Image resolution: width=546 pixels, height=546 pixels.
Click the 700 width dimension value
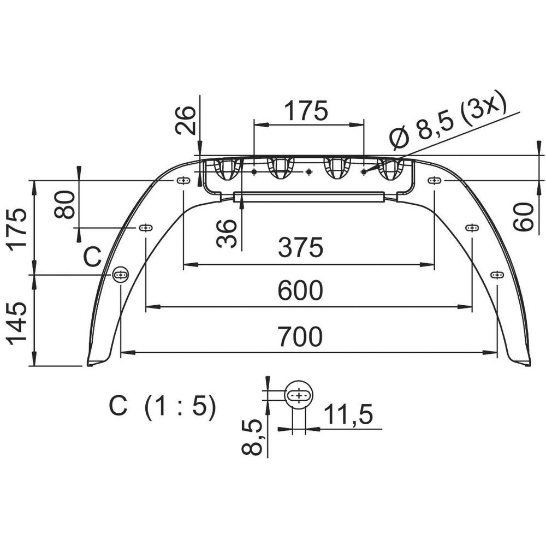[x=300, y=337]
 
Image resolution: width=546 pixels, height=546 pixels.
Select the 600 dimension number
[x=300, y=290]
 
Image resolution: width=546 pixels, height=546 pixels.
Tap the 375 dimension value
[x=300, y=247]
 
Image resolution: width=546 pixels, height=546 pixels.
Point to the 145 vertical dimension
[x=17, y=323]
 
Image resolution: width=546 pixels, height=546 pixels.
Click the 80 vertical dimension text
[x=65, y=204]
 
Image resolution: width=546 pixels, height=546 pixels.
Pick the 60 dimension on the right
[x=524, y=217]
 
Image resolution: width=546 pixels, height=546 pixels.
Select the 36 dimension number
[x=227, y=233]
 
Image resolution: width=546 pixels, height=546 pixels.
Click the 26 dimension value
[x=185, y=120]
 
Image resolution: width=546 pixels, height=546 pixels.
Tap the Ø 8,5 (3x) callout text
[x=448, y=120]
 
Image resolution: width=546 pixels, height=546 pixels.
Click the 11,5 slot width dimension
[x=348, y=414]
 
